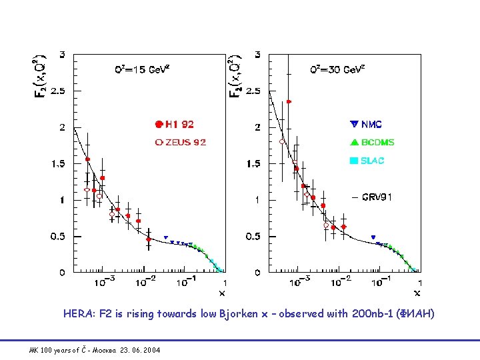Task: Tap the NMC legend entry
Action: [x=371, y=124]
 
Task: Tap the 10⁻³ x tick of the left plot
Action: [x=104, y=283]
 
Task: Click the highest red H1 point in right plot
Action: [x=289, y=102]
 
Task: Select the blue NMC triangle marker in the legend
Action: [x=354, y=124]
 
